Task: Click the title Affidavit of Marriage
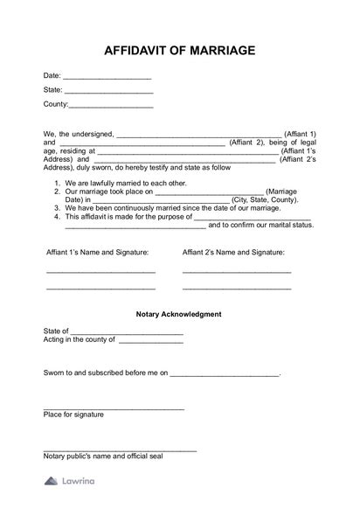[x=179, y=51]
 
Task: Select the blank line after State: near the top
[x=109, y=92]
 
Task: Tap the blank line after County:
[x=111, y=107]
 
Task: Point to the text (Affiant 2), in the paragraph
[x=248, y=143]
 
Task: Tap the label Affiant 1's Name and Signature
[x=97, y=252]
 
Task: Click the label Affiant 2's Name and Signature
[x=234, y=252]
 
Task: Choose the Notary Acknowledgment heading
[x=179, y=313]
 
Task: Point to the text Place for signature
[x=73, y=415]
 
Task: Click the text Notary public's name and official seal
[x=105, y=456]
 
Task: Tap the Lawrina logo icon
[x=50, y=481]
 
